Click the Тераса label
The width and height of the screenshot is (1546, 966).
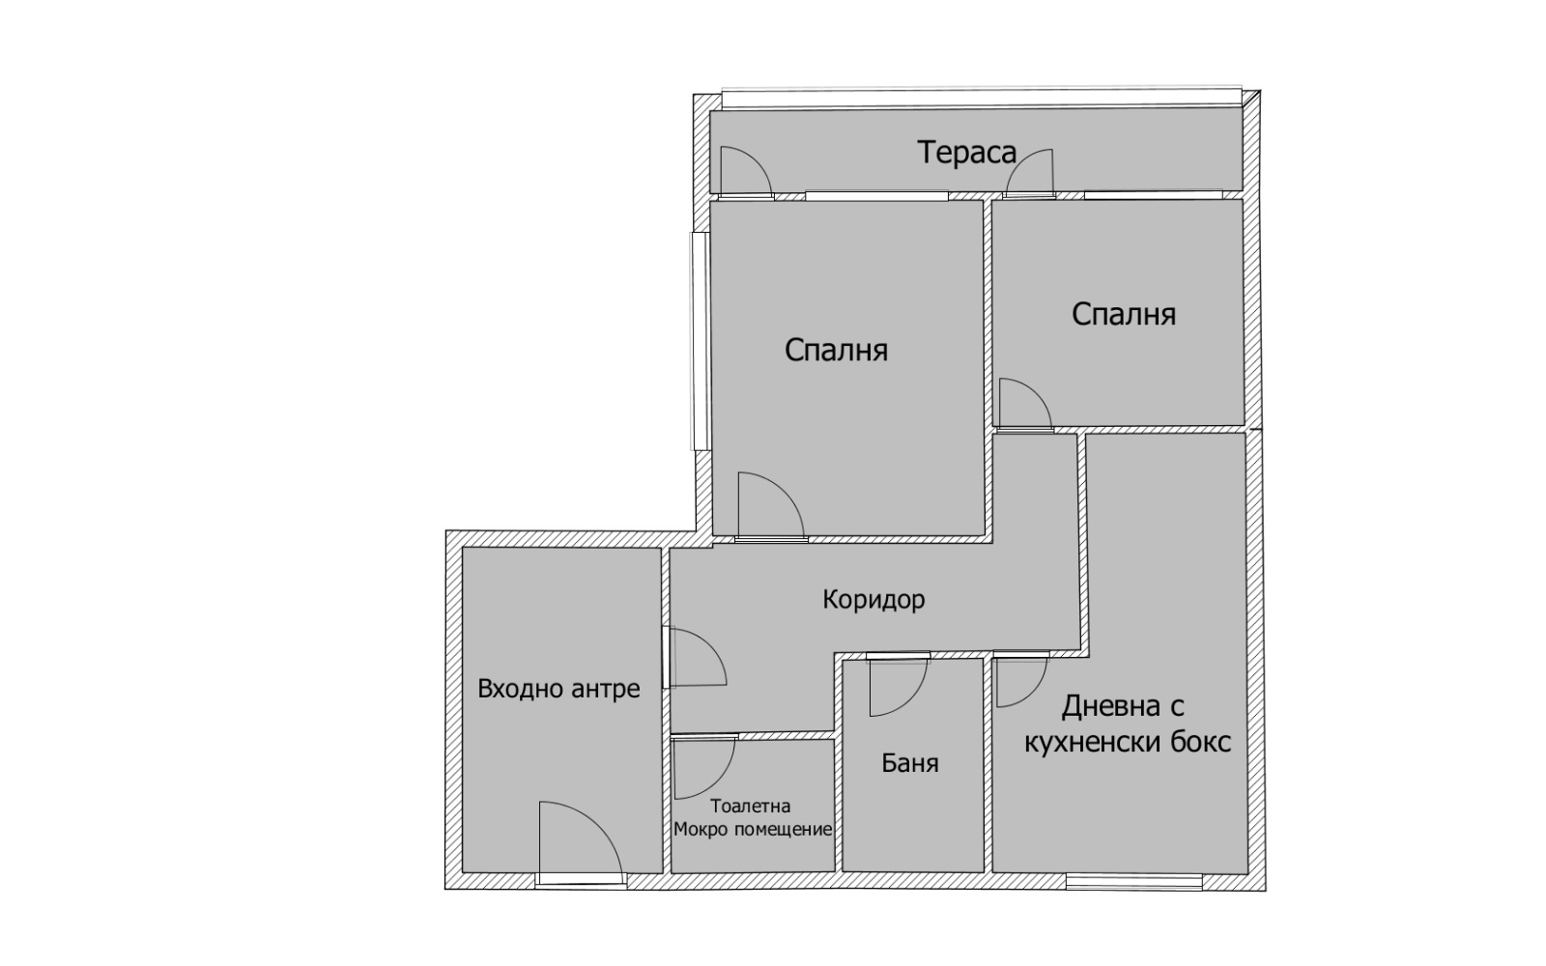(966, 153)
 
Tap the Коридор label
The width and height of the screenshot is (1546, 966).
(873, 599)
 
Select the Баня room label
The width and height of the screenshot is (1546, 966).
(909, 762)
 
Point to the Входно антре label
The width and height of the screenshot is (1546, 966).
(558, 689)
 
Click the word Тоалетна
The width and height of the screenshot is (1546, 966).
(750, 806)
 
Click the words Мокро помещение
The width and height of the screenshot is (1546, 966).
(753, 830)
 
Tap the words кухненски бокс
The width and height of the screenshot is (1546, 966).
(1128, 743)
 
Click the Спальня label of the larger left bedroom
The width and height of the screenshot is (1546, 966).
(836, 350)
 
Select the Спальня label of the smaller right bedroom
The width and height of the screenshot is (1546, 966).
(1124, 314)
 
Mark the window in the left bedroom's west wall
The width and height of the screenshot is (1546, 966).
(701, 342)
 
